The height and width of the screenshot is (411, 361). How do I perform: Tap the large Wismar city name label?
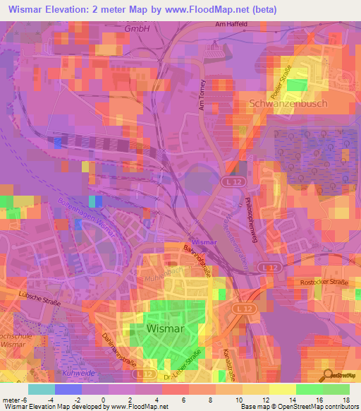tap(167, 328)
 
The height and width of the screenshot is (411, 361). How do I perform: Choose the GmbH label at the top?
tap(136, 29)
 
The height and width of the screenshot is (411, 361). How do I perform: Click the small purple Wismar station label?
tap(204, 242)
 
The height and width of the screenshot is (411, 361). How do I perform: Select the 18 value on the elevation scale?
tap(345, 400)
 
